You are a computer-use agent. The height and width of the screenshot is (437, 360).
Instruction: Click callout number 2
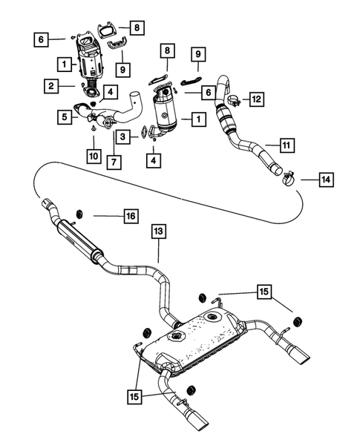(50, 88)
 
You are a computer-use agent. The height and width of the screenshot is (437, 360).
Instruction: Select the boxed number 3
(125, 137)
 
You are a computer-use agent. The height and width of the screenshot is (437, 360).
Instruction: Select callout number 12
(255, 98)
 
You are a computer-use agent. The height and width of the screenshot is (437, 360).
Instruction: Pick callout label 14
(326, 180)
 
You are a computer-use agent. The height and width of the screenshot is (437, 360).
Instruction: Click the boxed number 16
(129, 216)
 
